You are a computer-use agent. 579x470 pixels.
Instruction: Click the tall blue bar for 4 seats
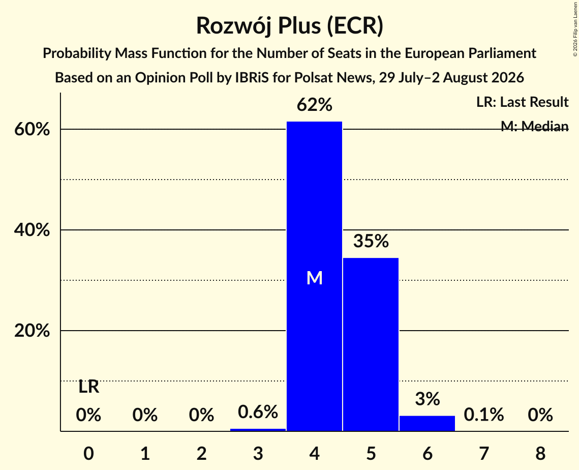click(x=315, y=276)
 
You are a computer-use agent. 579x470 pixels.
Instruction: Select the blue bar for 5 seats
click(x=371, y=344)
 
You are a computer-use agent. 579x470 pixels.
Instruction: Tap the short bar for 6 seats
click(x=427, y=423)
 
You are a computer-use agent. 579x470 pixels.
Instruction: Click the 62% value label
click(x=315, y=105)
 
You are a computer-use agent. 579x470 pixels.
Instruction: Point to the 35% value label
click(x=371, y=241)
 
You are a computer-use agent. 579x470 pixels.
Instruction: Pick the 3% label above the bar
click(x=427, y=399)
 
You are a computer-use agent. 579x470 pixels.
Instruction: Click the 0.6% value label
click(x=258, y=412)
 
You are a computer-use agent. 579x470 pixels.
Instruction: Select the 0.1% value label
click(x=484, y=415)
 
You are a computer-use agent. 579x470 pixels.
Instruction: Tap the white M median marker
click(x=315, y=278)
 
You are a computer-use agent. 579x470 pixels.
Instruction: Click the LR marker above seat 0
click(x=88, y=387)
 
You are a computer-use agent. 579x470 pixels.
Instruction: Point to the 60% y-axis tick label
click(x=32, y=130)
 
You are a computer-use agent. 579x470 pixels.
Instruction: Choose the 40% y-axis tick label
click(x=32, y=230)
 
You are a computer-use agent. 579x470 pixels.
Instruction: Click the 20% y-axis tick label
click(x=32, y=331)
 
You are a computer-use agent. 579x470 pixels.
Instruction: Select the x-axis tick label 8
click(x=540, y=453)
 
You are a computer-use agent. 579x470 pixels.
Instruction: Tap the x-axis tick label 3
click(x=258, y=453)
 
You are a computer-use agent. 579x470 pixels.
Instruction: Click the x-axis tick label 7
click(x=484, y=453)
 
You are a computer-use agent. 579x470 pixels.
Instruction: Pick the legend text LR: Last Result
click(x=522, y=102)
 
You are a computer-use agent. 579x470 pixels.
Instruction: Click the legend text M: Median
click(x=534, y=126)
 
